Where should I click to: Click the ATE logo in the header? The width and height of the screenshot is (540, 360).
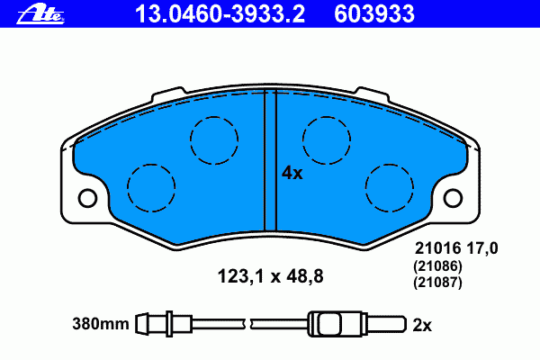click(x=40, y=14)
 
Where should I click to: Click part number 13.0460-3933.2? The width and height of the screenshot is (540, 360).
click(x=220, y=14)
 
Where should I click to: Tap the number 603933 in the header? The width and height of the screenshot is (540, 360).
click(x=374, y=14)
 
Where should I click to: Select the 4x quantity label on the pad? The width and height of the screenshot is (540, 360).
click(x=292, y=173)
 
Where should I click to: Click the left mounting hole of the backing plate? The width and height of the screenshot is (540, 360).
click(x=87, y=198)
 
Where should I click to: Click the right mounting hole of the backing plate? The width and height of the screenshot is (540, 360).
click(x=453, y=198)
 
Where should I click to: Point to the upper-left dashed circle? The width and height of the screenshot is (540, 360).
click(x=214, y=117)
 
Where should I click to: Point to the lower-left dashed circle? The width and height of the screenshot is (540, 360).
click(x=151, y=165)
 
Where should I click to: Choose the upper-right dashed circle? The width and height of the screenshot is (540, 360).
click(x=327, y=117)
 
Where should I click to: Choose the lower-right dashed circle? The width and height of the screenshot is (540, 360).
click(x=390, y=165)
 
